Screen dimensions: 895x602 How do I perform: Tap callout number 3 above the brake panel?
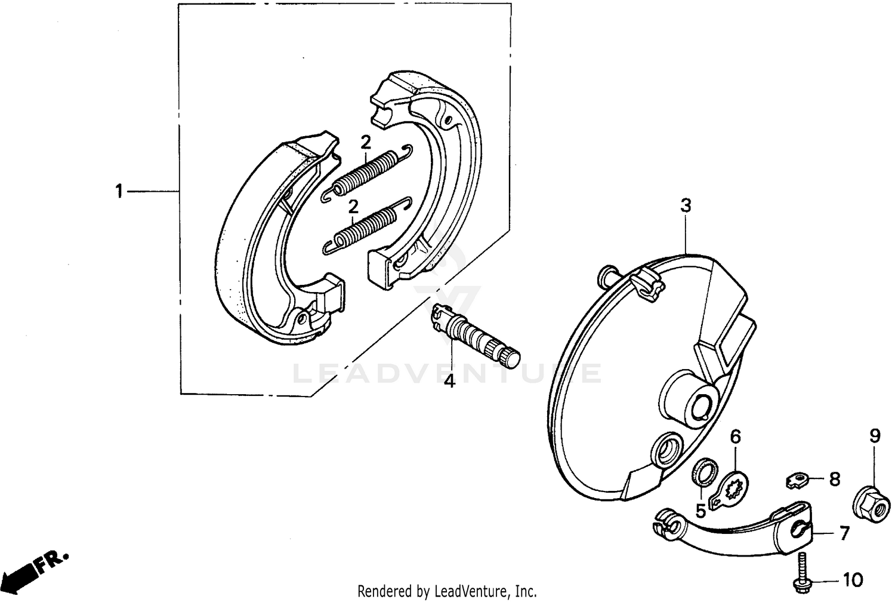click(686, 206)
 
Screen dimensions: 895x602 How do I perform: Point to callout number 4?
click(449, 380)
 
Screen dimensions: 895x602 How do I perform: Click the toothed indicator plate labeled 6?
click(733, 481)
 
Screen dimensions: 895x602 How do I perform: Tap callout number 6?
click(735, 437)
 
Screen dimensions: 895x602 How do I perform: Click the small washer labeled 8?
click(797, 478)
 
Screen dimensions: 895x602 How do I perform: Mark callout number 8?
click(834, 478)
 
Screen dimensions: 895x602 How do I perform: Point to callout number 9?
click(874, 436)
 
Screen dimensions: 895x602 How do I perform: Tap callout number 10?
click(853, 579)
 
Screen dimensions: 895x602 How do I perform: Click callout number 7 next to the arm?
click(844, 533)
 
